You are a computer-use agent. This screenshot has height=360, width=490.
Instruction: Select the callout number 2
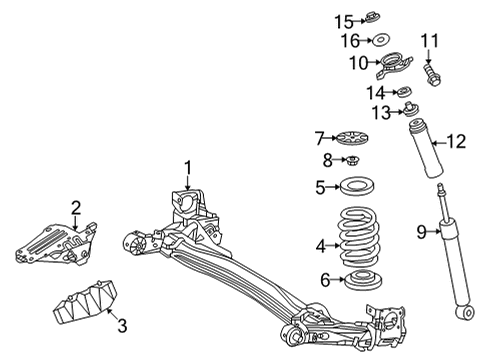76,207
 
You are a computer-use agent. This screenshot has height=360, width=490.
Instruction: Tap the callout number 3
121,325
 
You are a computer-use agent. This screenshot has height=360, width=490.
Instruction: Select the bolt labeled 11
431,73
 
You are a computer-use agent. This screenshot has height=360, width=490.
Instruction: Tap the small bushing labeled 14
407,92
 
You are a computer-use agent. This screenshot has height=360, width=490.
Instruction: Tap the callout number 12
456,142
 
